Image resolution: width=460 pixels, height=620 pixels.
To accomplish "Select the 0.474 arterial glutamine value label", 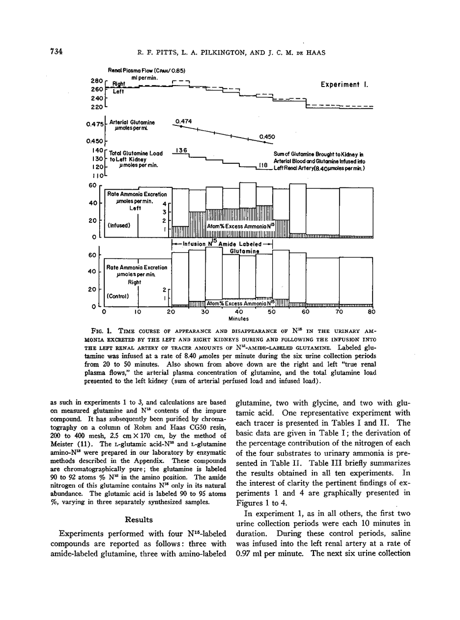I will click(183, 121).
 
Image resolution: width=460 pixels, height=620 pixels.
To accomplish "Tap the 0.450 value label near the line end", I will click(267, 137).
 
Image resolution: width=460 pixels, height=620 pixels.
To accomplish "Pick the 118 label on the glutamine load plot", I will click(263, 167).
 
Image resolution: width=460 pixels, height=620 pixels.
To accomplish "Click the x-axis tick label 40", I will click(239, 312).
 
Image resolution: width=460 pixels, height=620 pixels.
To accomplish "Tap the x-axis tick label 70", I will click(339, 312).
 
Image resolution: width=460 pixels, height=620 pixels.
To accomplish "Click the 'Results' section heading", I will click(139, 520).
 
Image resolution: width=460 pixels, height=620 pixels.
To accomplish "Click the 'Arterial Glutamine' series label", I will click(132, 122).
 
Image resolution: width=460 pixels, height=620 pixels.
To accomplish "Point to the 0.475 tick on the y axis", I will click(94, 124).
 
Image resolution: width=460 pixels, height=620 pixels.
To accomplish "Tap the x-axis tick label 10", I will click(138, 312).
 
